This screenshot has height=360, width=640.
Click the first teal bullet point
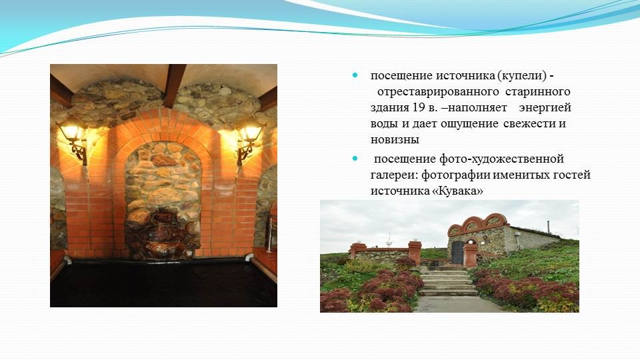[x=355, y=75]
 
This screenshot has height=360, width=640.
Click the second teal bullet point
[x=355, y=159]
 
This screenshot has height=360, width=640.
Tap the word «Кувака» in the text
[x=457, y=191]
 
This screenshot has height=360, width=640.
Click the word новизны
[x=395, y=140]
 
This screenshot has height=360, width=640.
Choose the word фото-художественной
[x=501, y=159]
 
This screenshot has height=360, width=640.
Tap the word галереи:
[x=394, y=175]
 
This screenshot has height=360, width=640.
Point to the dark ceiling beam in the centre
[x=175, y=85]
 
